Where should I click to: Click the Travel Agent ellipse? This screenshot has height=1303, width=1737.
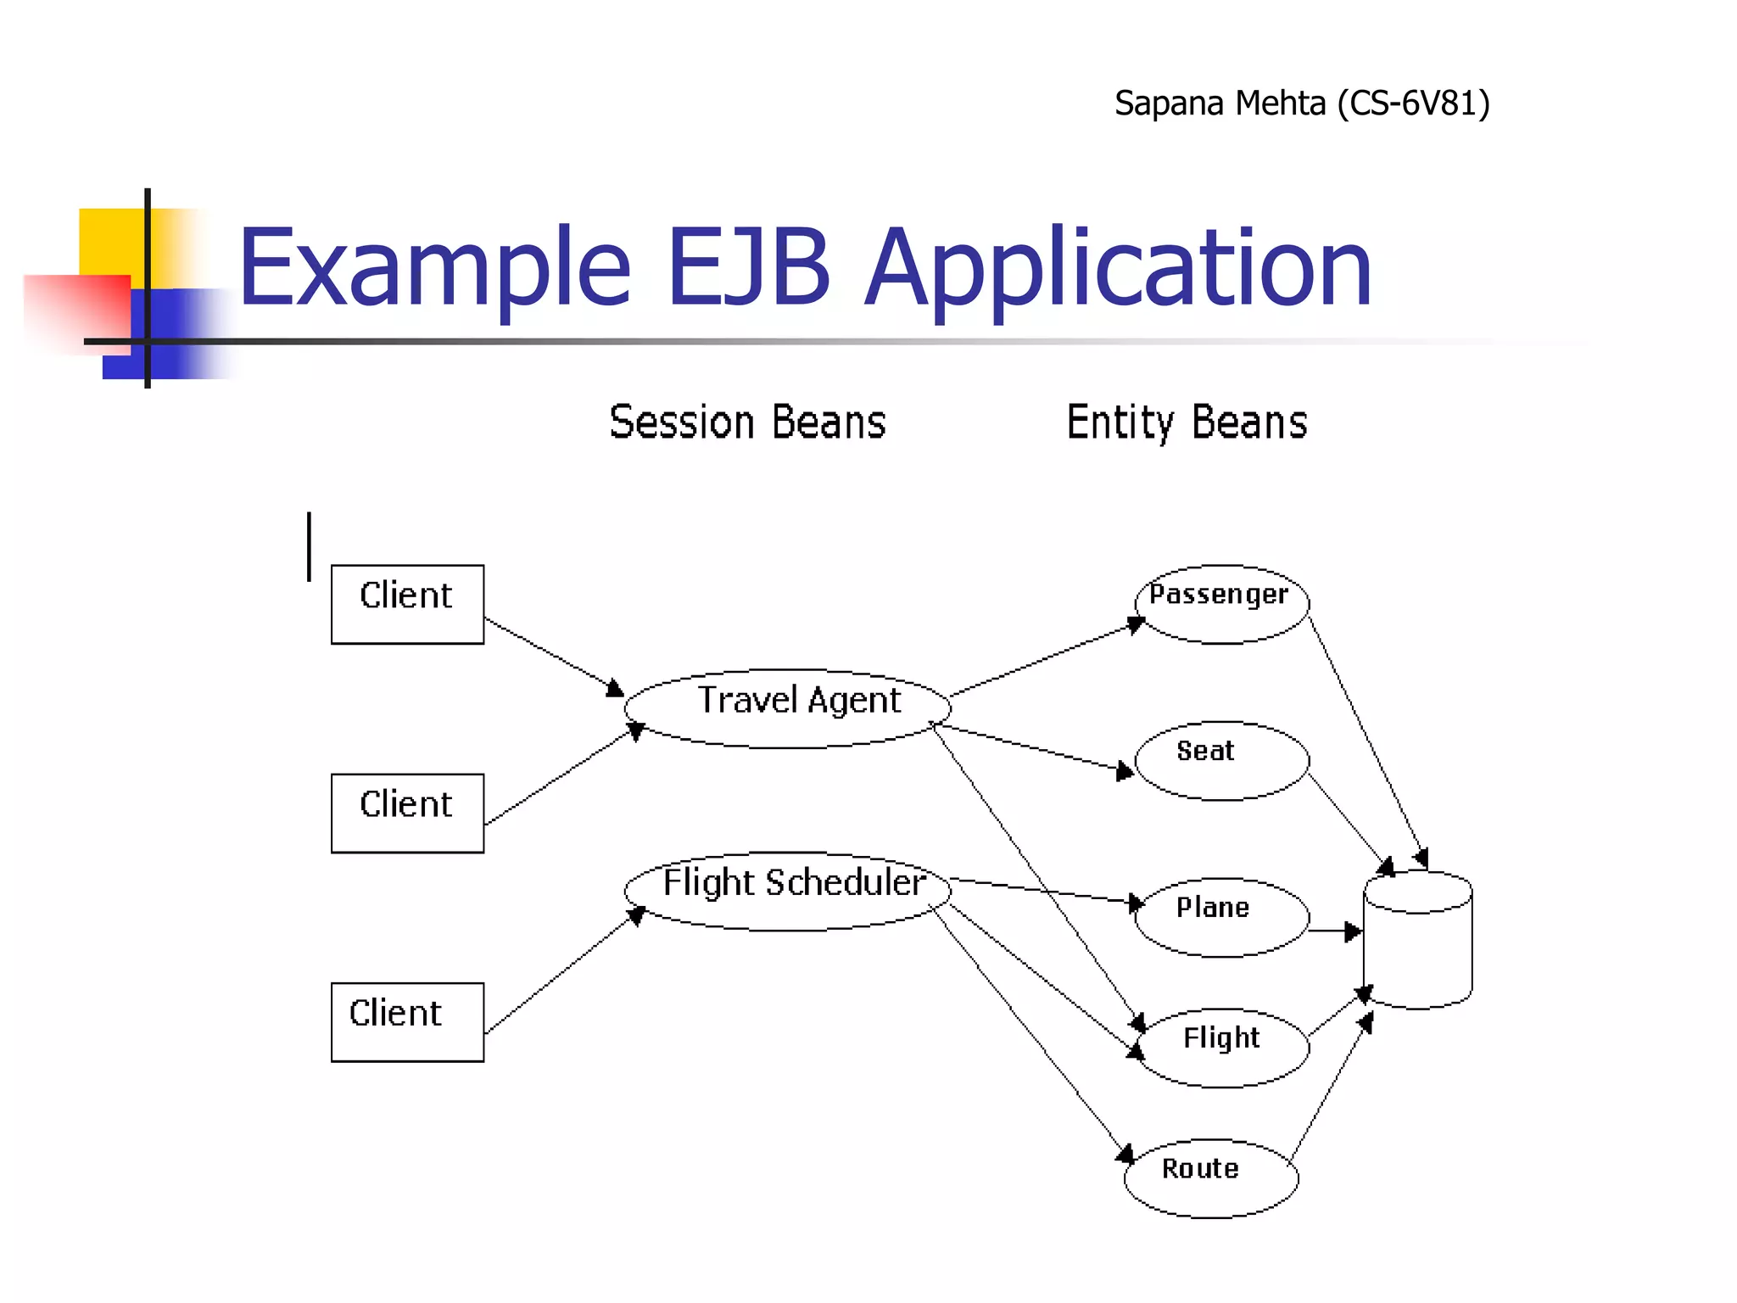pos(787,708)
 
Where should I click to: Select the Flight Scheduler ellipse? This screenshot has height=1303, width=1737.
pos(787,891)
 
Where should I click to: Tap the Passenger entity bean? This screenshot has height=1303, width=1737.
pos(1221,603)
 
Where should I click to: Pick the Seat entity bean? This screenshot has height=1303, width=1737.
pos(1221,760)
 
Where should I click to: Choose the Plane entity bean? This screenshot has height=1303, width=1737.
pos(1221,917)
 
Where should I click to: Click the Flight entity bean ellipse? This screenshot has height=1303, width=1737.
pos(1221,1048)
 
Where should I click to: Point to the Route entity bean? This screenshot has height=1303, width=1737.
pos(1211,1178)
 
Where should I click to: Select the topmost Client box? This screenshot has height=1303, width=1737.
pos(407,604)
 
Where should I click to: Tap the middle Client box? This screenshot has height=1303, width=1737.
pos(407,813)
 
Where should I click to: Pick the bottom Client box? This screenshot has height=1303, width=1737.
pos(407,1021)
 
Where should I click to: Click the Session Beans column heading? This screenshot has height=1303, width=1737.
pos(747,422)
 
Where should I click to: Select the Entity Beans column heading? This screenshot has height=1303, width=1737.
pos(1187,422)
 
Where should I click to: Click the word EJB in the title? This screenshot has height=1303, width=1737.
pos(748,267)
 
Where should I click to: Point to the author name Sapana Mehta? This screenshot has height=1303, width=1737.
pos(1220,103)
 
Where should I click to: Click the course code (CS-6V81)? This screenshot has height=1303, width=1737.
pos(1413,103)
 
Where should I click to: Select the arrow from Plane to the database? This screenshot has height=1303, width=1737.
pos(1335,931)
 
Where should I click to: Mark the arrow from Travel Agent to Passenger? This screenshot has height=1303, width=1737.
pos(1047,659)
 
